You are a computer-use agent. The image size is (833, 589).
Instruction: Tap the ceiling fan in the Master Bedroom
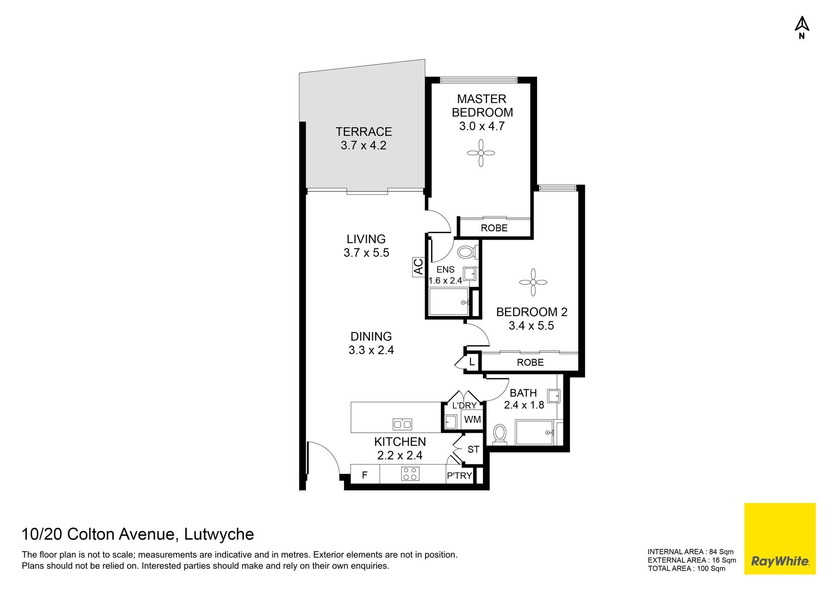pos(481,153)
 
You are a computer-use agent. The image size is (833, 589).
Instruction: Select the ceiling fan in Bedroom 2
pos(533,282)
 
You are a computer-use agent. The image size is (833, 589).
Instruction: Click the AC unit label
pos(418,267)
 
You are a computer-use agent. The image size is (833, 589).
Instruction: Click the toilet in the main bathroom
pos(500,434)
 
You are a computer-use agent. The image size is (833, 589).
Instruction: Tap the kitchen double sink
pos(402,424)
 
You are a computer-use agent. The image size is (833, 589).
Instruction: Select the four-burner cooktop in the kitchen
pos(410,474)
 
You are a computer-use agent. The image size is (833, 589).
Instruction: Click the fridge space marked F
pos(364,475)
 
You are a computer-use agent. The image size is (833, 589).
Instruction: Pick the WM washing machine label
pos(472,420)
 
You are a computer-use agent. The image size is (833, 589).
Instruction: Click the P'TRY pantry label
pos(459,476)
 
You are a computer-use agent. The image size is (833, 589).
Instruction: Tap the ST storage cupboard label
pos(473,449)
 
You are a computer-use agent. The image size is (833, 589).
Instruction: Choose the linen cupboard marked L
pos(472,362)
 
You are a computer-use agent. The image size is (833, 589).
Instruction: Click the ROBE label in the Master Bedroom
pos(494,228)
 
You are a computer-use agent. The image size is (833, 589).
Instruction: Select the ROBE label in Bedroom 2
pos(530,362)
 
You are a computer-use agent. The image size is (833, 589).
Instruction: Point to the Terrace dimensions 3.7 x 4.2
pos(364,145)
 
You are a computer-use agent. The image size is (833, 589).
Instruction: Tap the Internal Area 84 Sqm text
pos(691,552)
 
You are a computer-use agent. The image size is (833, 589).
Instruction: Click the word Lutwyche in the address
pos(219,534)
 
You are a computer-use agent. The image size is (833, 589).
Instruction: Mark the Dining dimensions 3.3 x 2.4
pos(371,350)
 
